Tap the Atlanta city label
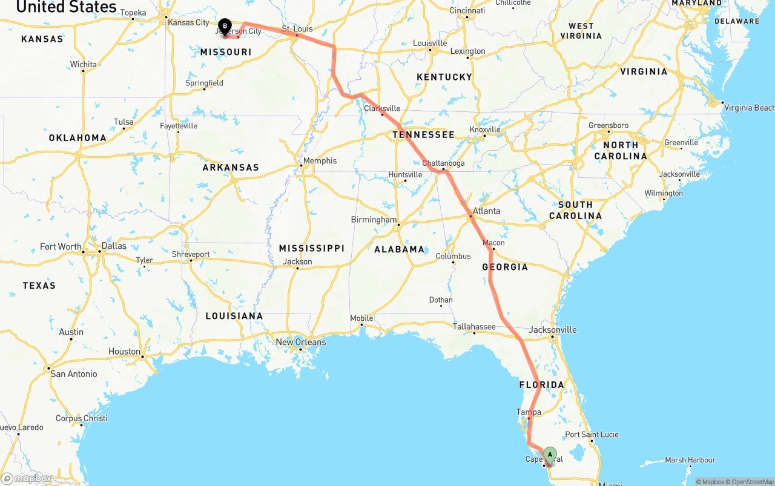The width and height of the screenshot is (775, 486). tap(487, 211)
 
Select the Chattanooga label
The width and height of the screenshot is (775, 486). tap(443, 163)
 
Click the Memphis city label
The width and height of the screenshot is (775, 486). tap(320, 160)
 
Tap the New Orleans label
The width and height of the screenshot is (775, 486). tap(301, 342)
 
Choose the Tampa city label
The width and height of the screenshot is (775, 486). tap(529, 412)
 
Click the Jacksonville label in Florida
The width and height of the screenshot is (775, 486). tap(553, 330)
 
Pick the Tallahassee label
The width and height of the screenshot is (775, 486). tap(474, 327)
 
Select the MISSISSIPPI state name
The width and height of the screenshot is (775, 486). tap(311, 248)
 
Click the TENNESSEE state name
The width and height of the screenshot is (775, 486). tap(423, 134)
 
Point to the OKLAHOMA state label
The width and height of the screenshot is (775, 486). tap(77, 137)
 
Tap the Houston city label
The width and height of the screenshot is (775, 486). tap(124, 351)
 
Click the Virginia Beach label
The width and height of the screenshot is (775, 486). tap(749, 108)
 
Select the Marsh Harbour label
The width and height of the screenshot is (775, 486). tap(690, 460)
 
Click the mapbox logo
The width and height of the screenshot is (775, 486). tap(27, 478)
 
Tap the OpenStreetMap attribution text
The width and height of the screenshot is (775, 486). tap(751, 482)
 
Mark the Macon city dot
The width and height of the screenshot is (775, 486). tap(493, 249)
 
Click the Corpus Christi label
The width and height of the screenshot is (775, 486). tap(81, 418)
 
